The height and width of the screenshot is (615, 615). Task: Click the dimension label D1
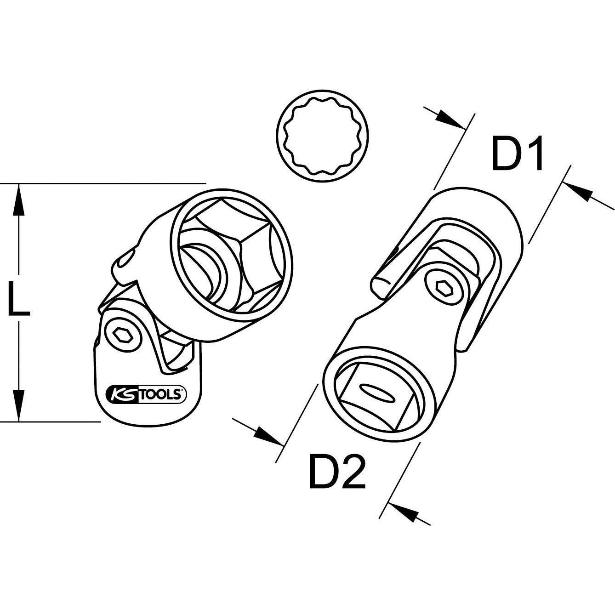coord(518,153)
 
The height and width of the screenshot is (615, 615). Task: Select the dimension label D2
coord(337,472)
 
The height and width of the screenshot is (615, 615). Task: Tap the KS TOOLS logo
coord(146,393)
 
